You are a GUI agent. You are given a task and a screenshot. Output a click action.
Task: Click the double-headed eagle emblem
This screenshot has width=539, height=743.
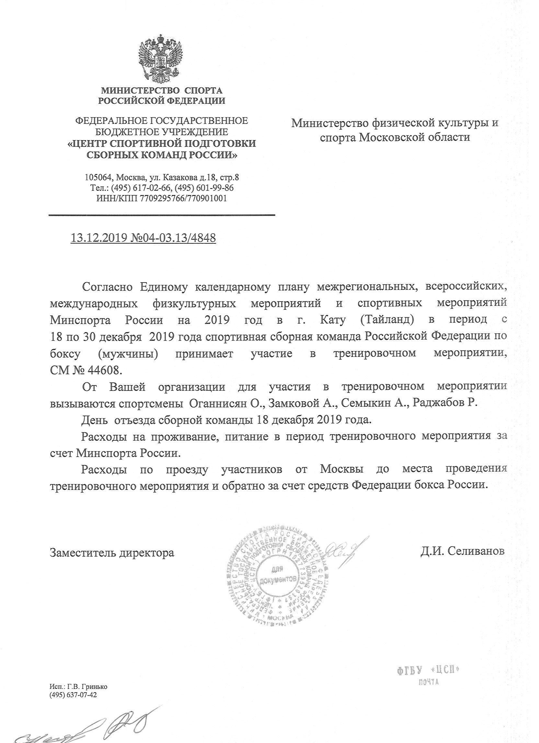160,59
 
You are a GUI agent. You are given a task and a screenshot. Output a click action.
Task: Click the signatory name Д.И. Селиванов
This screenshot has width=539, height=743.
463,551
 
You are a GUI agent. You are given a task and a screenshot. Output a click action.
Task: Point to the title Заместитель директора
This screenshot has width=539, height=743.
112,553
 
